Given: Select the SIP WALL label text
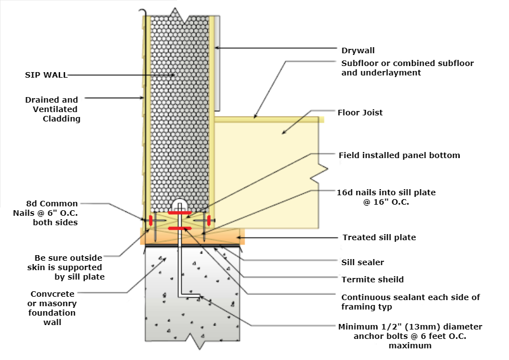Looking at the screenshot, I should pyautogui.click(x=47, y=75).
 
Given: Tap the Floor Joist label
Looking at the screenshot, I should pyautogui.click(x=360, y=113).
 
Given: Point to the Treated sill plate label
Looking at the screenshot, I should pyautogui.click(x=379, y=237).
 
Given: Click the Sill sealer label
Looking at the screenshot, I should pyautogui.click(x=362, y=262).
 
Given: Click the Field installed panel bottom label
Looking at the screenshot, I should pyautogui.click(x=399, y=155).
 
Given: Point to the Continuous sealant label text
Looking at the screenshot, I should pyautogui.click(x=410, y=297).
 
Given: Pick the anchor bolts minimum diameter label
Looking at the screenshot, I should pyautogui.click(x=410, y=327).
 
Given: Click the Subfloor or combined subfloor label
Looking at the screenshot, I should pyautogui.click(x=407, y=63).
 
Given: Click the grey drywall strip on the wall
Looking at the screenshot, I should pyautogui.click(x=218, y=61).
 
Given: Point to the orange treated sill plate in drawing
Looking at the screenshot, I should pyautogui.click(x=191, y=237).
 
